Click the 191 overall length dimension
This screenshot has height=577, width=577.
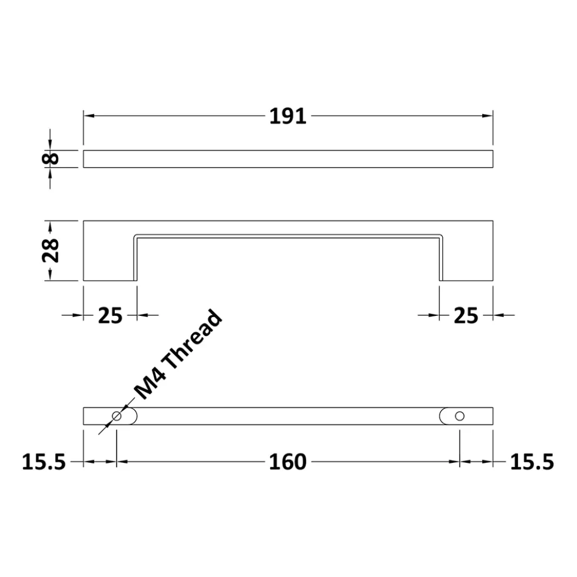click(288, 116)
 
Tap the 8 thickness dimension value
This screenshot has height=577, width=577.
click(51, 159)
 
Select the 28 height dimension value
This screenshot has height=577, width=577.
click(51, 251)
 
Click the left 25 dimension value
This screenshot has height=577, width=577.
click(110, 316)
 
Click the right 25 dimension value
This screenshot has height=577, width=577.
click(466, 316)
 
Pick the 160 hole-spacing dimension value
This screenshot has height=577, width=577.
click(288, 462)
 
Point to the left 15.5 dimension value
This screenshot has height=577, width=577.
click(44, 462)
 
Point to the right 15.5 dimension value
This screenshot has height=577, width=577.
click(532, 462)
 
